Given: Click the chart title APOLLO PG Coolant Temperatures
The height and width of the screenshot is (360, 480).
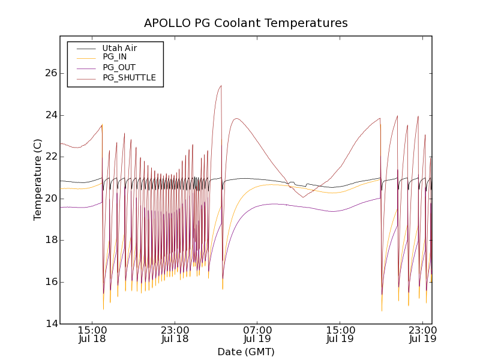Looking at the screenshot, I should (245, 23).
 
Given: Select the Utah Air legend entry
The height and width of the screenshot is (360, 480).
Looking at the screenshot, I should (119, 48).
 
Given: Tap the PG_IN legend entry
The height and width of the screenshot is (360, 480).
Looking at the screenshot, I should (115, 57).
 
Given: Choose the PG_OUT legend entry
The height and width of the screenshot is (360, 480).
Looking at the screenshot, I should (119, 67).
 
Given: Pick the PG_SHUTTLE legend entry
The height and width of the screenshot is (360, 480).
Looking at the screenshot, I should (129, 77).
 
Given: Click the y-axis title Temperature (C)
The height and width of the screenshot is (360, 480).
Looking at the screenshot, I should (38, 179).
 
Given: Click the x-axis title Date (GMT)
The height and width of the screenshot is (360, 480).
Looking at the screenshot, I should (245, 352).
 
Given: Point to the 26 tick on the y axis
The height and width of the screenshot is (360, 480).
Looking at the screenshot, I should (50, 73).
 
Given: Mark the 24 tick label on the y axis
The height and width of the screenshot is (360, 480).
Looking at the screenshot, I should (50, 115).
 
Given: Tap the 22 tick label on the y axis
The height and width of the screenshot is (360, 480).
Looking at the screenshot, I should (50, 157).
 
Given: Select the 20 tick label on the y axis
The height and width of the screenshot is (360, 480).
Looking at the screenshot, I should (50, 199).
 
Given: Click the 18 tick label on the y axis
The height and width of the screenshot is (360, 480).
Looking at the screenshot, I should (50, 240).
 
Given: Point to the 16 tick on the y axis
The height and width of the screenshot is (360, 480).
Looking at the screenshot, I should (50, 282).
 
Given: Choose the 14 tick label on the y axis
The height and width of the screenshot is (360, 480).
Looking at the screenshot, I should (50, 324).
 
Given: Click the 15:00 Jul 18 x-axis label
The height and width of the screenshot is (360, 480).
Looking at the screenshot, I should (92, 334).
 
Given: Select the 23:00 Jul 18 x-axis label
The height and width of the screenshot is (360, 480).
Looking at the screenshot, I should (175, 334).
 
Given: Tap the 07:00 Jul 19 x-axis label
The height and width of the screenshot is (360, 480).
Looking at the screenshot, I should (257, 334).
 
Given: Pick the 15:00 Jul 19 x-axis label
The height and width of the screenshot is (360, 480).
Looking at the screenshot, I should (340, 334).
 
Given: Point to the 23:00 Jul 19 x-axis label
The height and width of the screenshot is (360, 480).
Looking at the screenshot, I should (422, 334).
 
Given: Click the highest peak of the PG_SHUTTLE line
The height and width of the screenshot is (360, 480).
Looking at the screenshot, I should (221, 86).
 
